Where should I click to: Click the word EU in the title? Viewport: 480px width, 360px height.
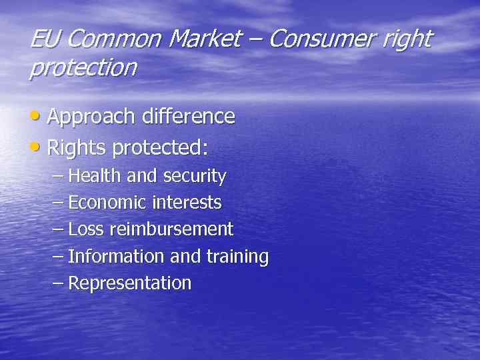click(45, 39)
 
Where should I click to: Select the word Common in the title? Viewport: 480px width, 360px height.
click(114, 39)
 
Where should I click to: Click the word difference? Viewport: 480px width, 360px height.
click(187, 117)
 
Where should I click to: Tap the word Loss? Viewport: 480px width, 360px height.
click(86, 230)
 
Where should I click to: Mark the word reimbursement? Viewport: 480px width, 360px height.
click(171, 230)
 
